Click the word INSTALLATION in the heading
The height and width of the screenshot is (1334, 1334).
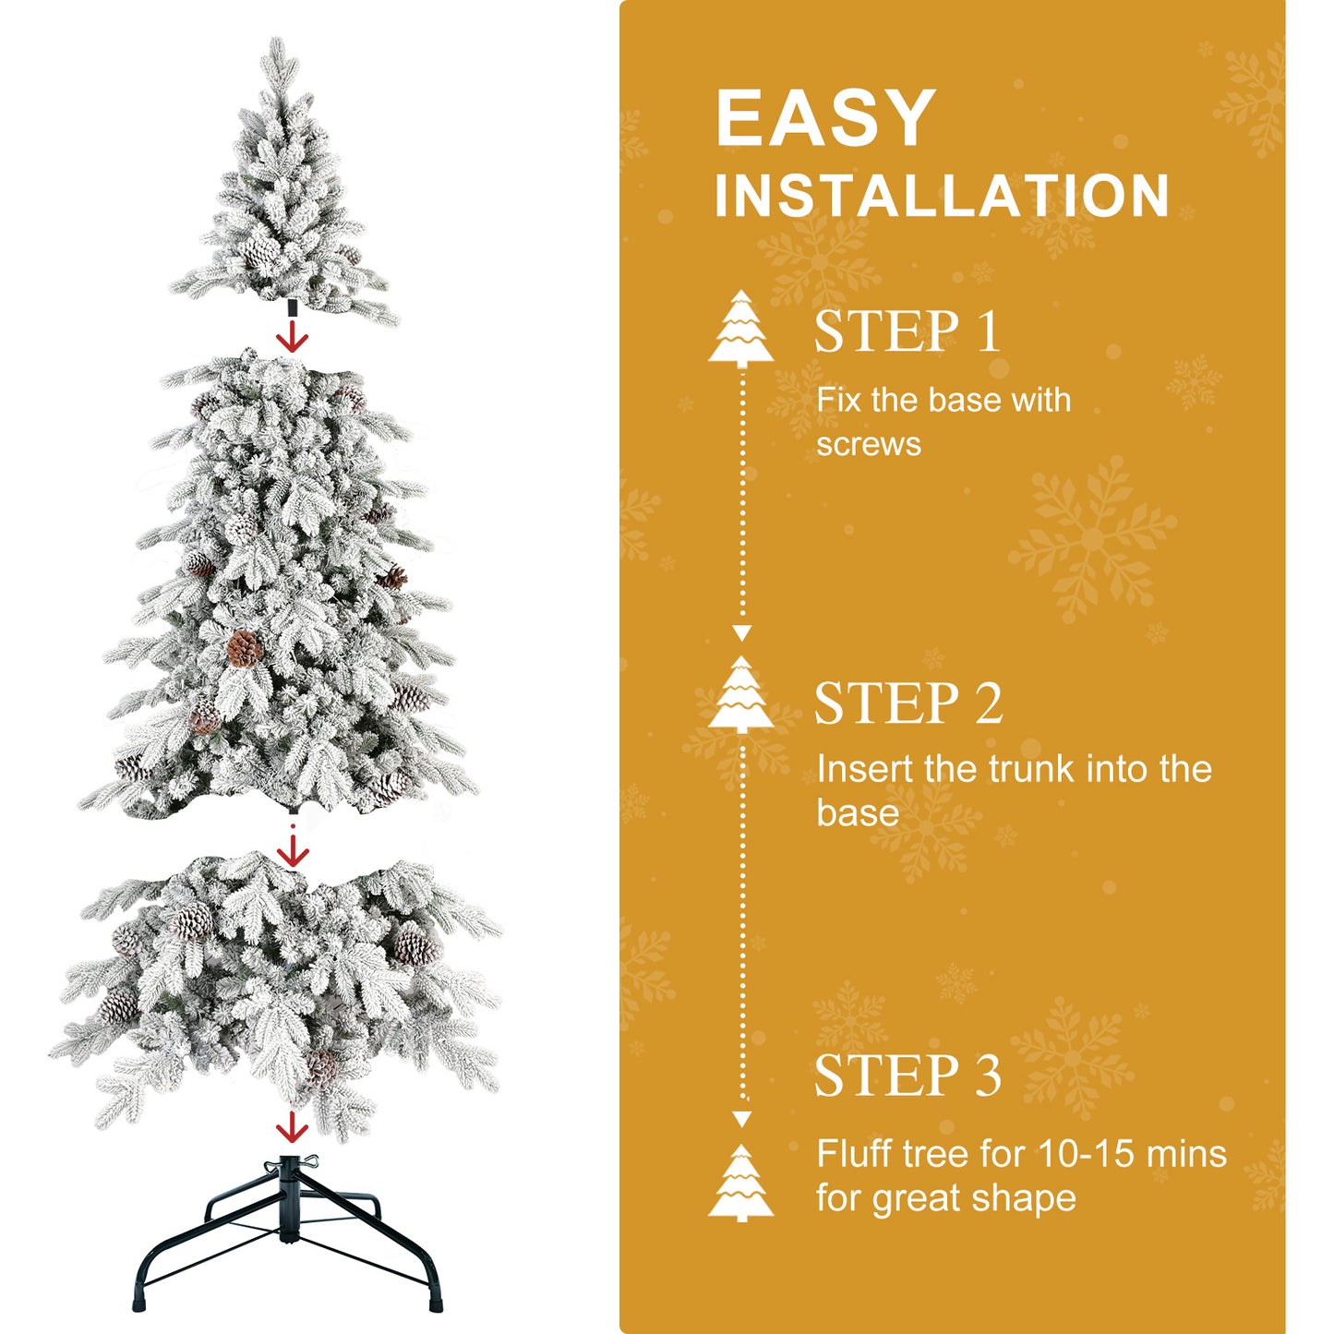point(942,196)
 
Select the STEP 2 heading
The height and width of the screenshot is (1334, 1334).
point(908,703)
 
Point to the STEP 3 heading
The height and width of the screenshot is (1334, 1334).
point(907,1076)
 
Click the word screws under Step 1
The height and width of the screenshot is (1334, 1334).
point(868,445)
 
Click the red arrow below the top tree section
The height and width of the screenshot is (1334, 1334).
point(293,336)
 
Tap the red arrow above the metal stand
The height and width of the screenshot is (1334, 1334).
point(293,1127)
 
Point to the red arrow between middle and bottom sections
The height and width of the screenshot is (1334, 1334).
point(293,849)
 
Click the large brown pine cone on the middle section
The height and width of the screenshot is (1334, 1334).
point(244,648)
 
